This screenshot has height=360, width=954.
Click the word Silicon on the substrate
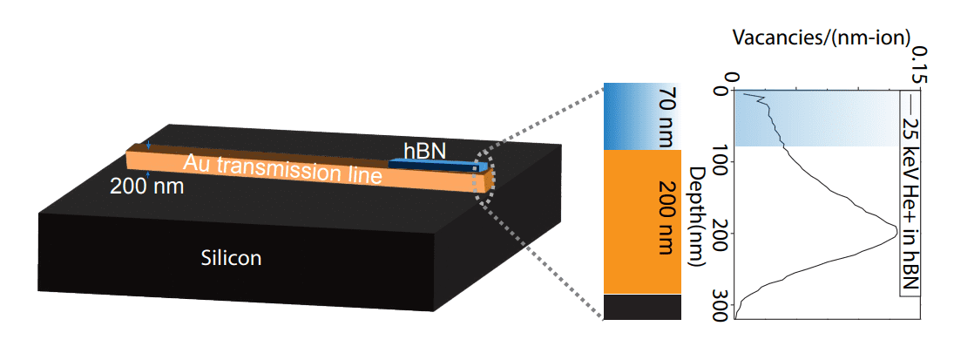tap(231, 258)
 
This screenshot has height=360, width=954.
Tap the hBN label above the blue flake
tap(424, 151)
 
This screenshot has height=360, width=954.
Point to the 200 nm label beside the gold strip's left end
tap(146, 185)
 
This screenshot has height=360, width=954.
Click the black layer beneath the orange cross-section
tap(641, 307)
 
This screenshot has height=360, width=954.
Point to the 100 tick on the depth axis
tap(721, 162)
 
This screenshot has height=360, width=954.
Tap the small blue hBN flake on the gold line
tap(436, 164)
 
